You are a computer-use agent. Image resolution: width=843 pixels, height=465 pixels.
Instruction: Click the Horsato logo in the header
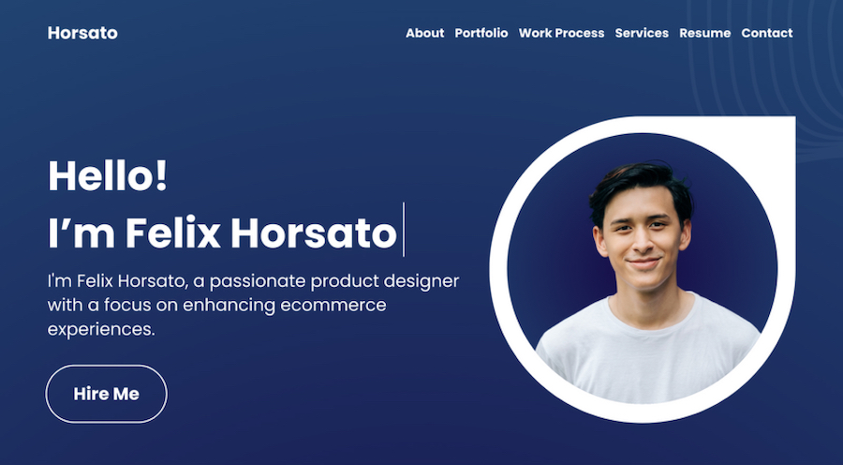pos(82,33)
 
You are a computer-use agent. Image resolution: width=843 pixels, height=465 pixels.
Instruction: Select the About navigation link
pos(424,33)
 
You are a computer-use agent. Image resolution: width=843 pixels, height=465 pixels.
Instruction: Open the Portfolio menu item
pos(481,33)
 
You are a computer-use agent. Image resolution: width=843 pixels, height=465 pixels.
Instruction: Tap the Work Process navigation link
pos(561,33)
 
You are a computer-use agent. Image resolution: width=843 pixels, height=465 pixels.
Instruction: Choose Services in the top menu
pos(642,33)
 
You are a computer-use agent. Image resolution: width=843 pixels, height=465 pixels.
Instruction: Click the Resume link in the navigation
pos(704,33)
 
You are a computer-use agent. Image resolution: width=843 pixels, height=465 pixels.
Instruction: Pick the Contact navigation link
pos(766,33)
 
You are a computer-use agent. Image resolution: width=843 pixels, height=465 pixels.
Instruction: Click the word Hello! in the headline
pos(108,175)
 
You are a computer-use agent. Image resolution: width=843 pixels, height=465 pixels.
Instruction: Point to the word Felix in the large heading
pos(172,232)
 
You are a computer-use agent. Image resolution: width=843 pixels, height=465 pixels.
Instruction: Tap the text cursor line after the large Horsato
pos(404,230)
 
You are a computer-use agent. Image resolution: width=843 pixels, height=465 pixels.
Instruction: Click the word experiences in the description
pos(101,329)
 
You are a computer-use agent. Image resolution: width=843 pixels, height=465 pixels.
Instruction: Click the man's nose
pos(642,245)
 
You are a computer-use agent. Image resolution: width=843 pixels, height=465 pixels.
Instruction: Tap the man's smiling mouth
pos(643,263)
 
